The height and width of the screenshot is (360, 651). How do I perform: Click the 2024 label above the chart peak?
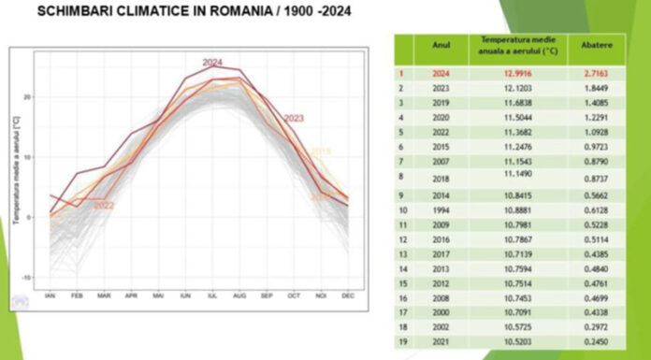(212, 63)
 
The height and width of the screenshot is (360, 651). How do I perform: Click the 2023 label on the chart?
(294, 119)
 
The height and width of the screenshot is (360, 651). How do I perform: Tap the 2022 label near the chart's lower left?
(104, 206)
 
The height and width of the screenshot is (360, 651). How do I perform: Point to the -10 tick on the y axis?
(27, 278)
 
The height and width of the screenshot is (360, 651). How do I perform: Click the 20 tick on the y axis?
(28, 96)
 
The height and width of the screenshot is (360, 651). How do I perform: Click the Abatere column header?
(595, 45)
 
